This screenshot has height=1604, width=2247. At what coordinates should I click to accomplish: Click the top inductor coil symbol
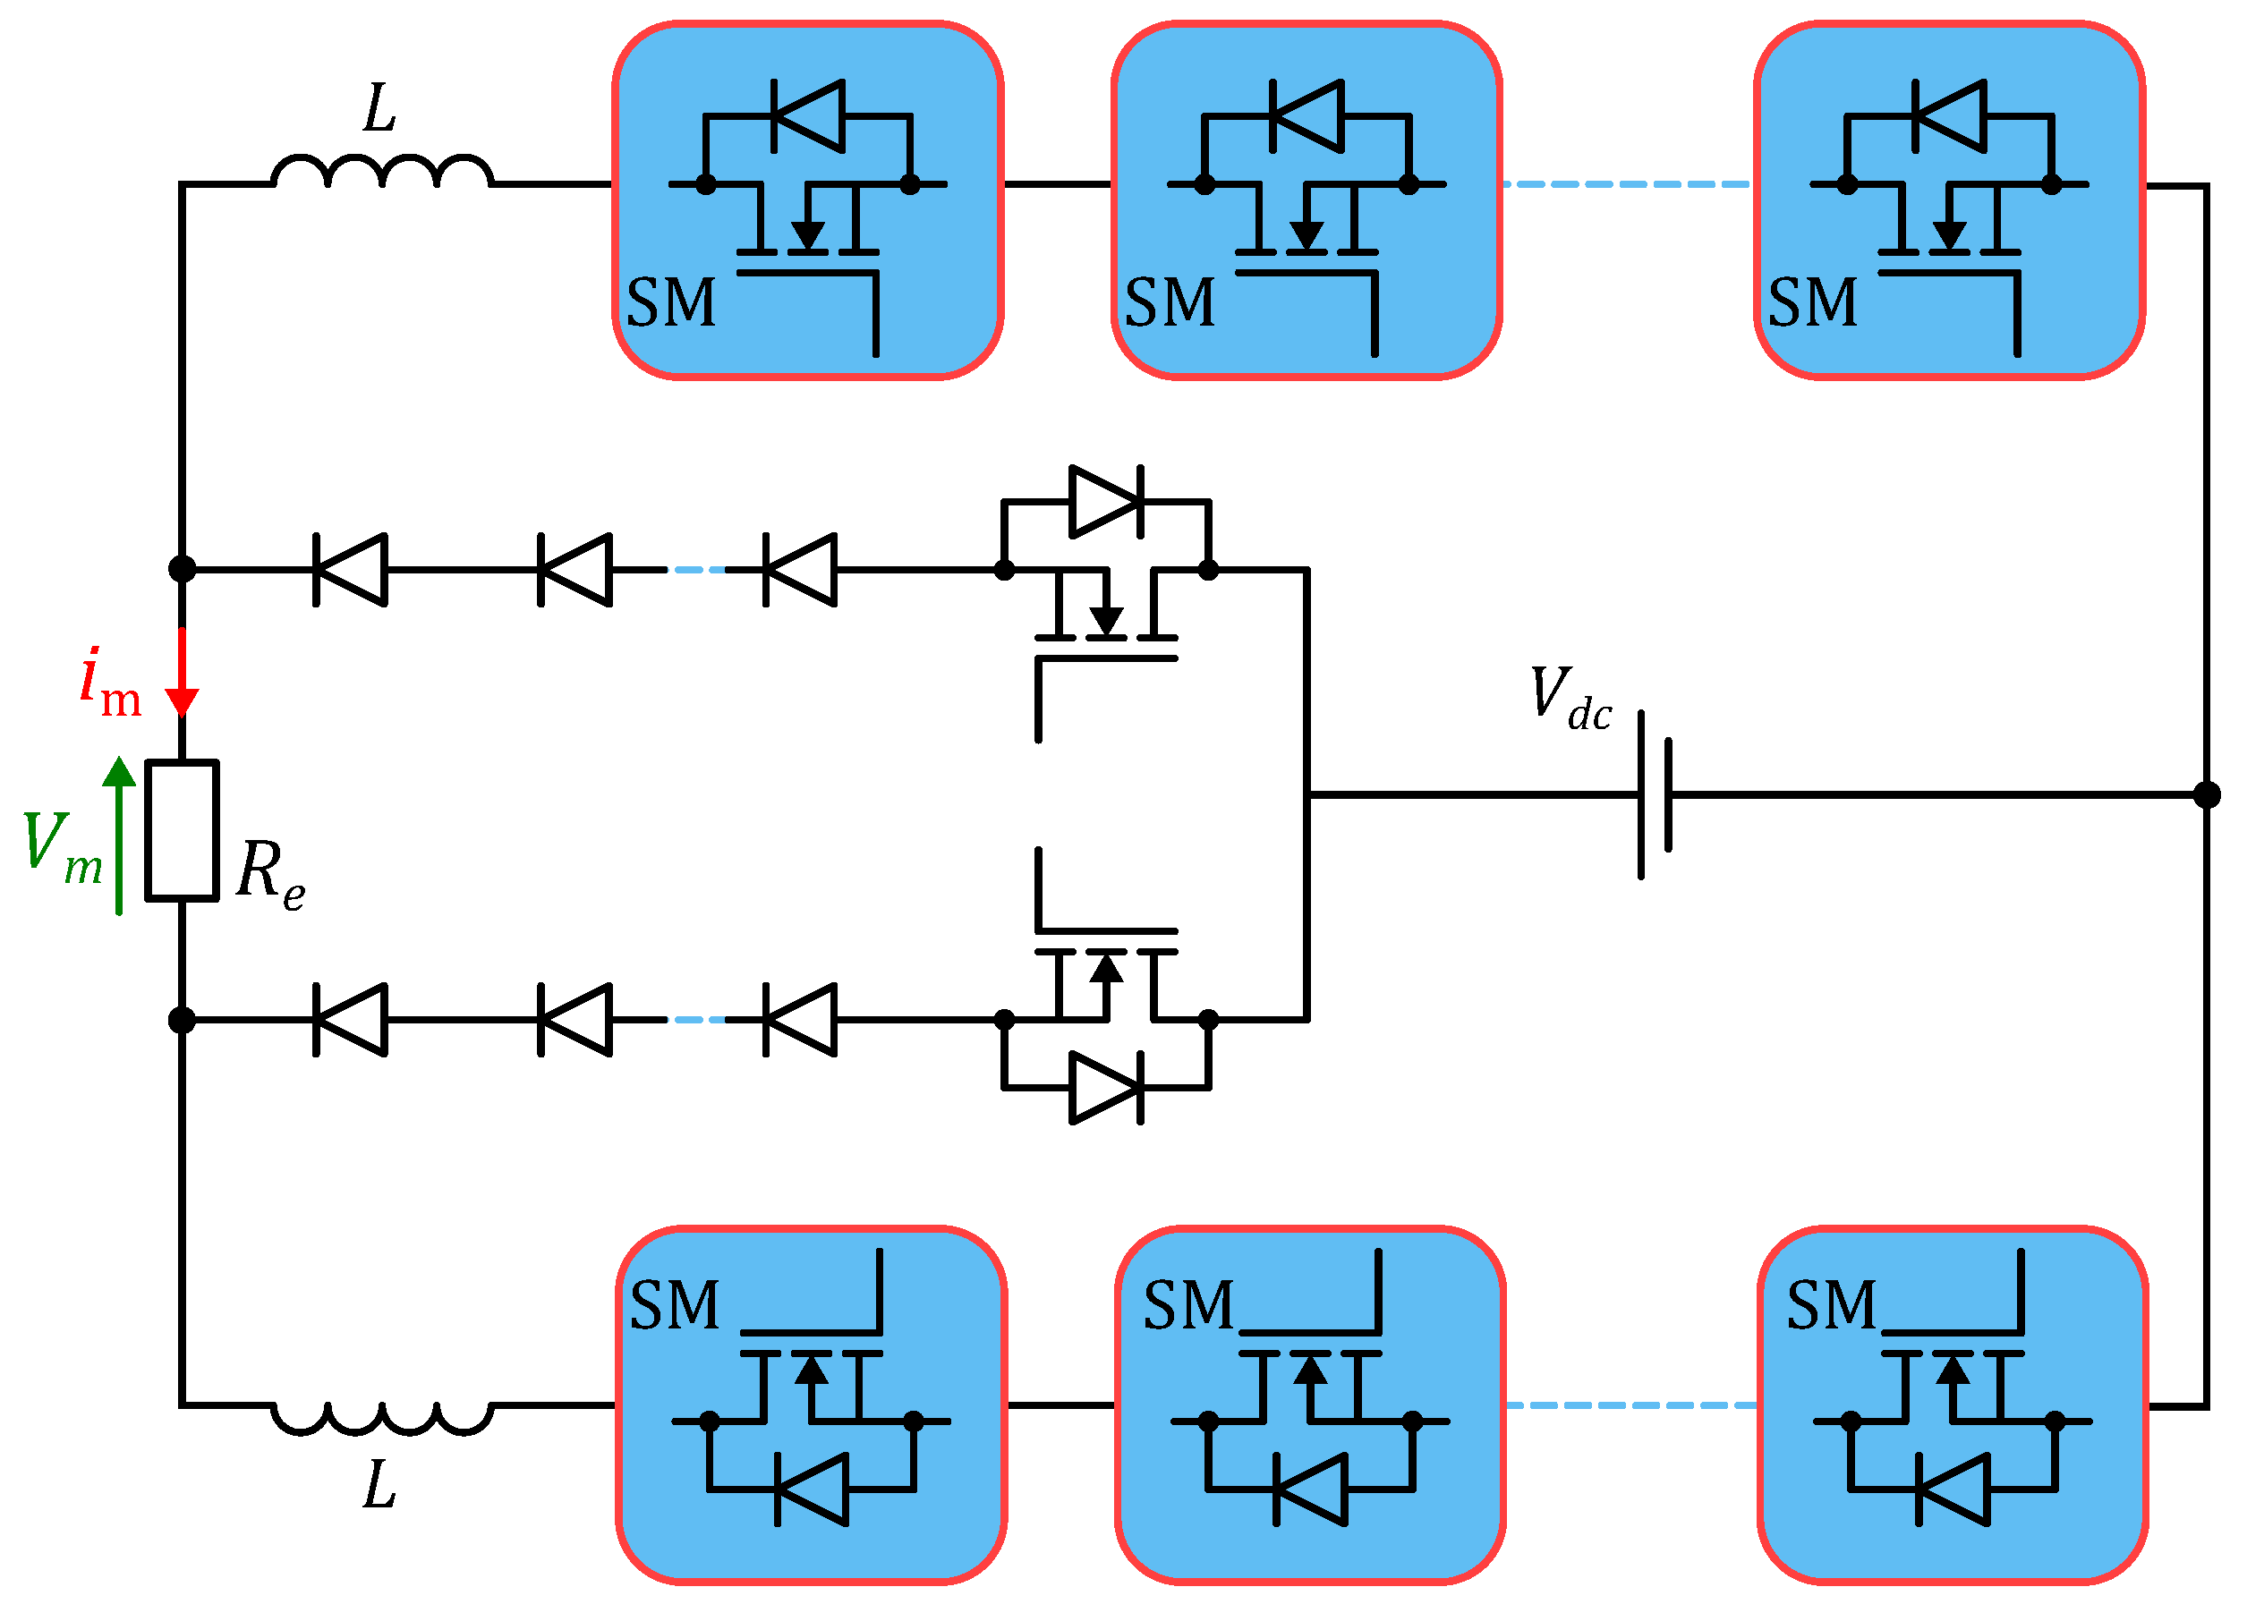pyautogui.click(x=381, y=172)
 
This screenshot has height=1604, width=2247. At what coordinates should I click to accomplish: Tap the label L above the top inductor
pyautogui.click(x=379, y=108)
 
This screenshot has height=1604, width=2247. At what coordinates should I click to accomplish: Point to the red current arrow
pyautogui.click(x=182, y=672)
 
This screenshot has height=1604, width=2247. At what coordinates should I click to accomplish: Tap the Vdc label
pyautogui.click(x=1570, y=699)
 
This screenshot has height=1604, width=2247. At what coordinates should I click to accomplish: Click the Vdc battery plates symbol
pyautogui.click(x=1655, y=794)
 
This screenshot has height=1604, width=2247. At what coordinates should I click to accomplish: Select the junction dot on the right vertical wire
pyautogui.click(x=2207, y=794)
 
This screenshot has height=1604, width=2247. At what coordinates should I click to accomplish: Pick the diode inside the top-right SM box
pyautogui.click(x=1949, y=116)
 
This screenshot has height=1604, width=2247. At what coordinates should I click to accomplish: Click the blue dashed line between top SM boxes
pyautogui.click(x=1627, y=184)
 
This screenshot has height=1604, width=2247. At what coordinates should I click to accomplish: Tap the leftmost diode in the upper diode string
pyautogui.click(x=350, y=569)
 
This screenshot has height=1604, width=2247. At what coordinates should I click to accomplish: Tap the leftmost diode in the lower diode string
pyautogui.click(x=350, y=1019)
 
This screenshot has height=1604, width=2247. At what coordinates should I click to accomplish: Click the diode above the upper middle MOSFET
pyautogui.click(x=1106, y=502)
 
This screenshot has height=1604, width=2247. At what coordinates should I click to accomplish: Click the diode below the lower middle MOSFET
pyautogui.click(x=1106, y=1089)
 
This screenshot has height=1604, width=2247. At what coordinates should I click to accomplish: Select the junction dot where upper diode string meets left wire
pyautogui.click(x=182, y=569)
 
